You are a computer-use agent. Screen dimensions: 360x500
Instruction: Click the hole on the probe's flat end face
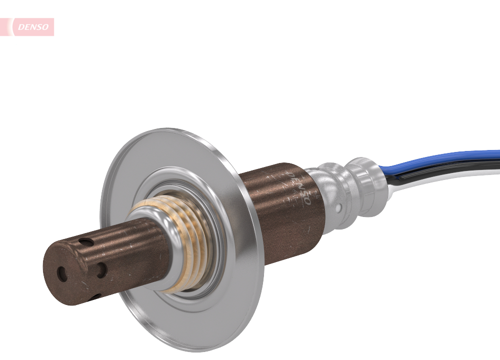(61, 273)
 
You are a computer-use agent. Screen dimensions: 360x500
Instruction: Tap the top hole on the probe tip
(88, 243)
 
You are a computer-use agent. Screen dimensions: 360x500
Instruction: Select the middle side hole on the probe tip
(101, 270)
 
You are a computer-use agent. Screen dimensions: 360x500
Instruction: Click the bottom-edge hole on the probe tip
(94, 296)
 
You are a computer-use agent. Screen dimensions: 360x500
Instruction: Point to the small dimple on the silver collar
(338, 207)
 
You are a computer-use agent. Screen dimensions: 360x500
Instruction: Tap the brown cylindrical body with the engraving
(280, 210)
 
